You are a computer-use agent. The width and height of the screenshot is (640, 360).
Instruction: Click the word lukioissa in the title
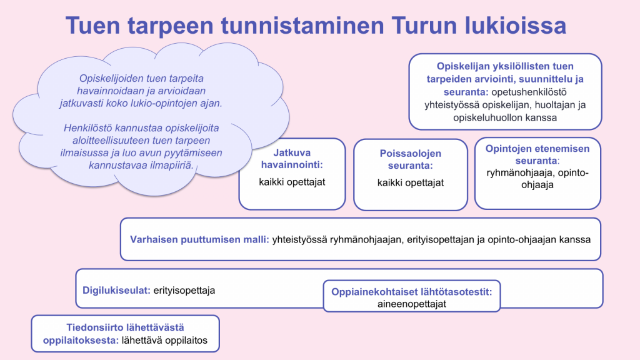point(516,25)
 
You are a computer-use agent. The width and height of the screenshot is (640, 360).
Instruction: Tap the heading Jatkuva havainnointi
point(292,159)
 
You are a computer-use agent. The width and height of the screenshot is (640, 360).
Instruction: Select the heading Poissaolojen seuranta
point(410,159)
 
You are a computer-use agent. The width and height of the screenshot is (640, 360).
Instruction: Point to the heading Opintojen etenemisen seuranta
point(537,155)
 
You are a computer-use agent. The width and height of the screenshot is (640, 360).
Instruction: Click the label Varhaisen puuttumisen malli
point(199,239)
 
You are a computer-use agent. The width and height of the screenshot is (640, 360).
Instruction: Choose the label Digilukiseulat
point(116,290)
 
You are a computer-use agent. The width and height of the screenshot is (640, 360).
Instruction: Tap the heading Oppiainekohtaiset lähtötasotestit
point(411,292)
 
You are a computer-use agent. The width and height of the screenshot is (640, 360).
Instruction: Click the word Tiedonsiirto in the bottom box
point(125,327)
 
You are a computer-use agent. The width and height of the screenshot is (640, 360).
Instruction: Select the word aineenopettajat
point(411,304)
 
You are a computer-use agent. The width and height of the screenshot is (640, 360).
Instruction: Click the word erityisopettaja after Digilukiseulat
point(184,290)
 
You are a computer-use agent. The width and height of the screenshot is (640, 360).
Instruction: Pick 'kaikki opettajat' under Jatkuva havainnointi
point(292,182)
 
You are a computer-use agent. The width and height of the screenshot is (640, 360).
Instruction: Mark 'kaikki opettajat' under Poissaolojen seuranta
point(410,183)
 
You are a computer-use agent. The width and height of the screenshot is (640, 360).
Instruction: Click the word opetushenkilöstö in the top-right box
point(529,92)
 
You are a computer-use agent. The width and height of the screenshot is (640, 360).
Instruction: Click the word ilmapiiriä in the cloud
point(174,165)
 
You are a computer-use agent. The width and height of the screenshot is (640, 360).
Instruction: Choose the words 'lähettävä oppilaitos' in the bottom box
point(164,341)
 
